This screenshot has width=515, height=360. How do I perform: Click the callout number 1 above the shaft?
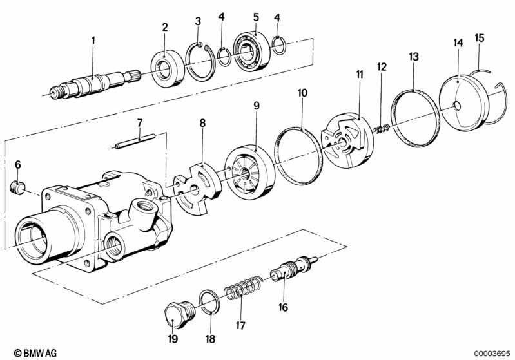click(x=93, y=41)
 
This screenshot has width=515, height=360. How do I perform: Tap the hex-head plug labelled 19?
click(x=179, y=315)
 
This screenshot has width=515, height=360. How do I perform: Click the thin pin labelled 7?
click(x=135, y=140)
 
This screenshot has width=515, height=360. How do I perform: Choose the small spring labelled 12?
click(x=382, y=129)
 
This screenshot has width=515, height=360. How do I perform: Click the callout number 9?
click(x=257, y=106)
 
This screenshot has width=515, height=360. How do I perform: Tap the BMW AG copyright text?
click(x=35, y=353)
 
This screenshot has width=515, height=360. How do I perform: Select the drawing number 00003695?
click(x=491, y=353)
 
